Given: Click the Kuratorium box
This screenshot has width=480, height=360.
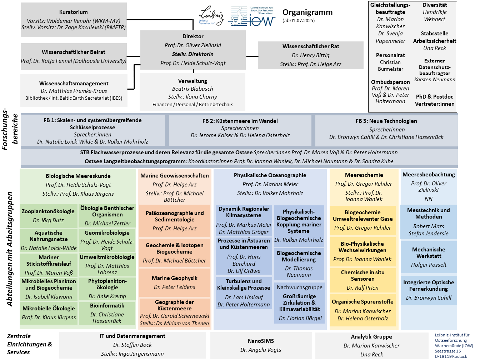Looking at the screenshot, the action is (x=74, y=20).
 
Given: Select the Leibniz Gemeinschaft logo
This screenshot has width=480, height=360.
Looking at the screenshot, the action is (x=211, y=16).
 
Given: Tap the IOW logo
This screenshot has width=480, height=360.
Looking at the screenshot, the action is (x=251, y=16).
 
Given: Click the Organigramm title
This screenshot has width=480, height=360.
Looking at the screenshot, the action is (x=307, y=12).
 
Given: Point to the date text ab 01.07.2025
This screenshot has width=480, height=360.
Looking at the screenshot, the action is (x=299, y=21).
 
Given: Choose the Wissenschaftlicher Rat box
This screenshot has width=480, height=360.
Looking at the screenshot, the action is (x=310, y=55).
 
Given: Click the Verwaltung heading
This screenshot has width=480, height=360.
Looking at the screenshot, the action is (x=192, y=81).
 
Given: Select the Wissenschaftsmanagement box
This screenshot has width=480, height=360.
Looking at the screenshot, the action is (x=74, y=90).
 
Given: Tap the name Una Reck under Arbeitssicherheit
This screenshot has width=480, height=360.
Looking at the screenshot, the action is (x=435, y=48).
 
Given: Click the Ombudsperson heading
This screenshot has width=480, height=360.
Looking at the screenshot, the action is (x=390, y=82).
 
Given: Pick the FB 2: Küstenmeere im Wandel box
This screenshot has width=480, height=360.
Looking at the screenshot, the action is (x=240, y=130).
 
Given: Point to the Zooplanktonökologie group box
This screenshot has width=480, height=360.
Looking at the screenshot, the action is (x=48, y=216).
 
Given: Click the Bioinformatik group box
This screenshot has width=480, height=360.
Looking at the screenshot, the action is (x=107, y=313).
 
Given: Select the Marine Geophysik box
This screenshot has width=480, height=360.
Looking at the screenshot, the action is (x=175, y=282).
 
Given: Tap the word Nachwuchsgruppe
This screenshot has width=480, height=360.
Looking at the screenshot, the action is (x=300, y=287).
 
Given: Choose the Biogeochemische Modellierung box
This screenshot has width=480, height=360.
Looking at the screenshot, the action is (x=299, y=264).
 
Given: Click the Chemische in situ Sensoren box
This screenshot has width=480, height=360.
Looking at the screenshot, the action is (x=362, y=280).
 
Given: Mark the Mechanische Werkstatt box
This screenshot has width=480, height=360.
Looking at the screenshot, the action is (x=429, y=257).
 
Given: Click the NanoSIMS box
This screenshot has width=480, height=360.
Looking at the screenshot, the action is (x=261, y=346).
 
